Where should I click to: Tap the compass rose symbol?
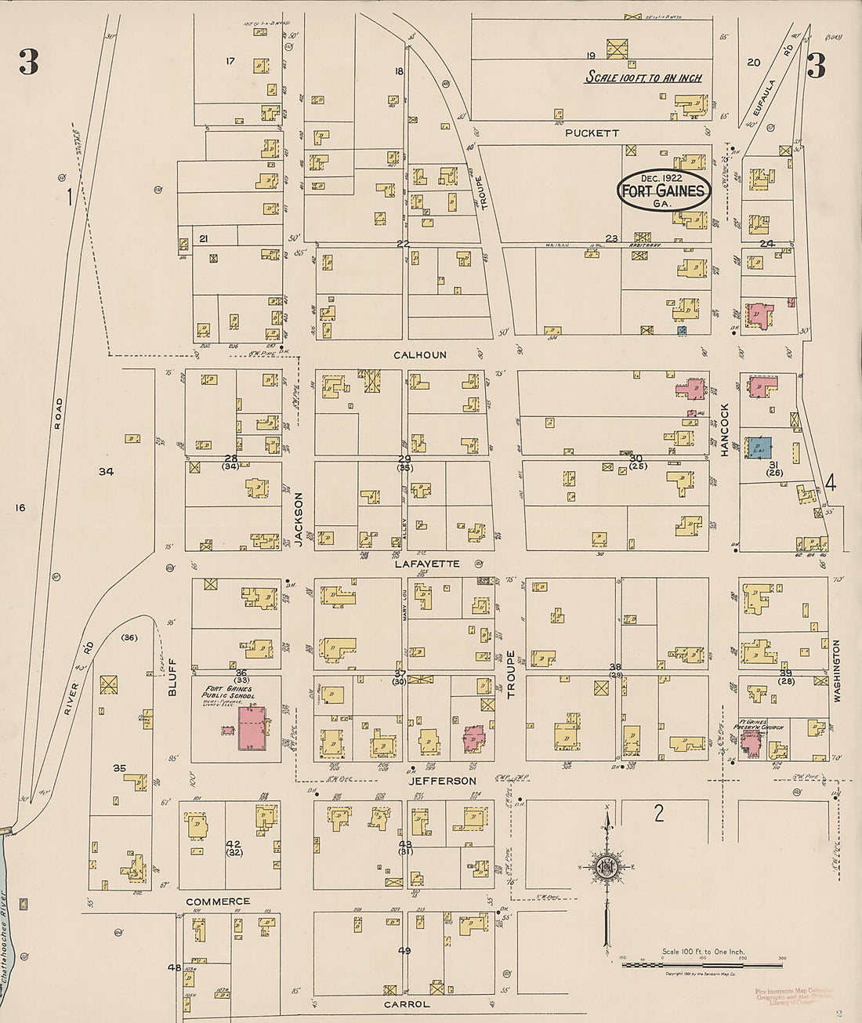pyautogui.click(x=606, y=867)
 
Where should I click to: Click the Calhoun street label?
pyautogui.click(x=420, y=355)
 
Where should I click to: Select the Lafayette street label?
pyautogui.click(x=427, y=564)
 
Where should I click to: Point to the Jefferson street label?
pyautogui.click(x=442, y=781)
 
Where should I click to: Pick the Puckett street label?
pyautogui.click(x=592, y=133)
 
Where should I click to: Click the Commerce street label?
pyautogui.click(x=218, y=901)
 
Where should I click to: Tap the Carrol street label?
pyautogui.click(x=407, y=1004)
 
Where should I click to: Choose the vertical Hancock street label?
pyautogui.click(x=725, y=430)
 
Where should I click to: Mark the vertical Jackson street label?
pyautogui.click(x=298, y=518)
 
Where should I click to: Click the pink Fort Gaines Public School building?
pyautogui.click(x=252, y=728)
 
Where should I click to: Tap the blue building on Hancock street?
pyautogui.click(x=758, y=447)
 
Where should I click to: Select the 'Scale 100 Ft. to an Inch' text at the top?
pyautogui.click(x=644, y=78)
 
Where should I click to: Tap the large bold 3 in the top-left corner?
pyautogui.click(x=29, y=62)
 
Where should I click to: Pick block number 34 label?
pyautogui.click(x=106, y=471)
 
